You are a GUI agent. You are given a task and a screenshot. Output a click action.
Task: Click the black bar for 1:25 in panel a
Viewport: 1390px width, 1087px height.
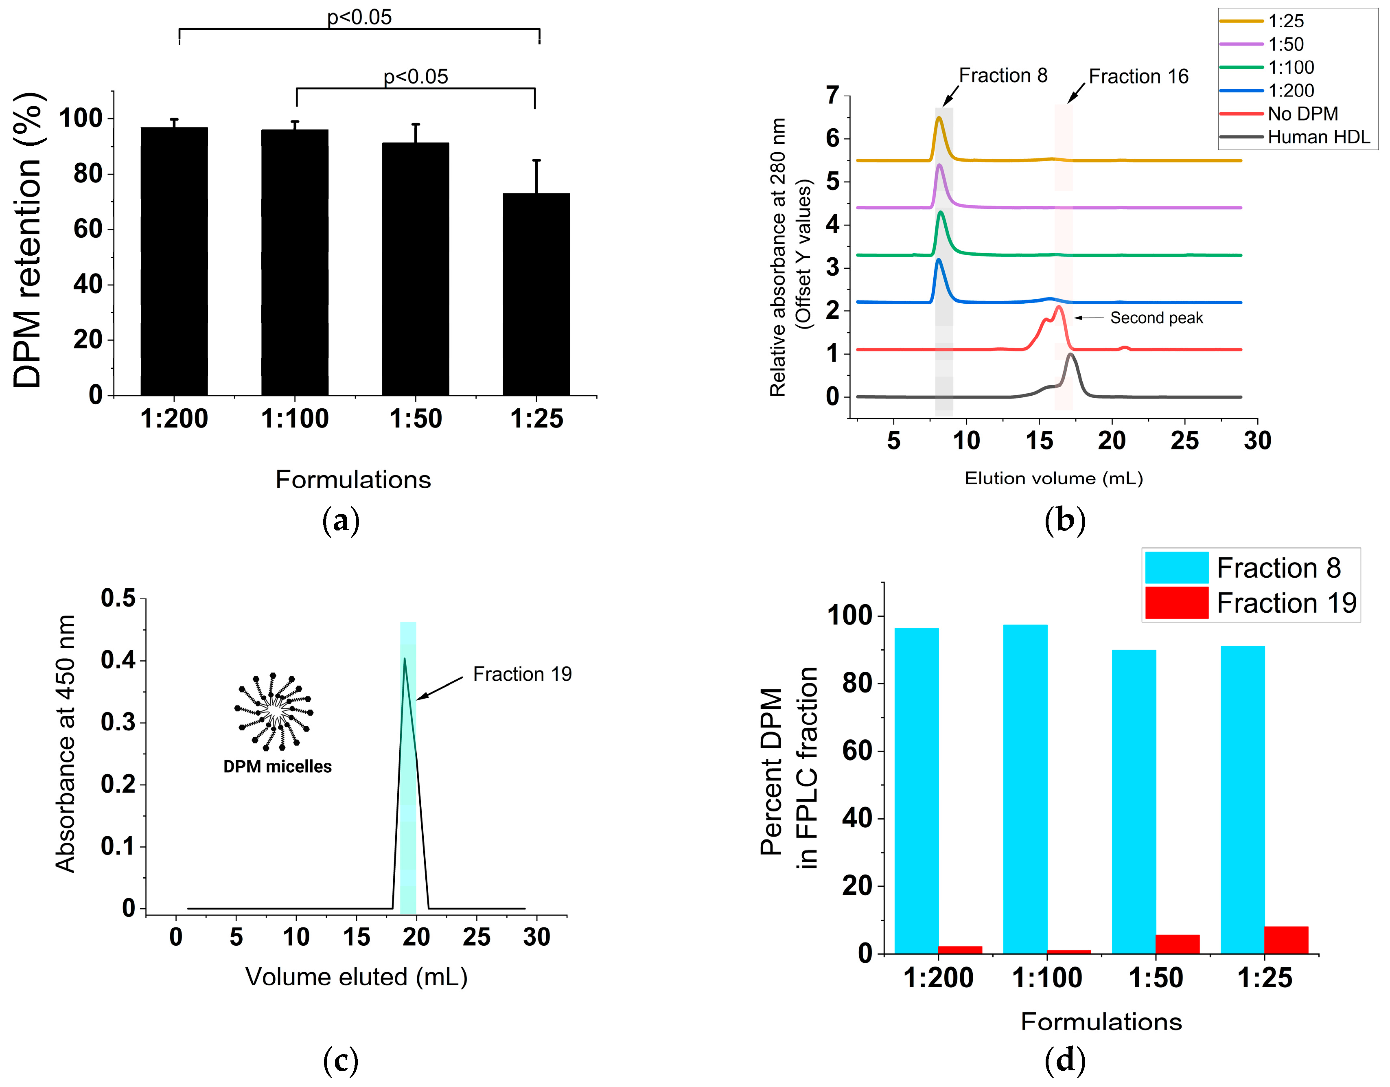tap(536, 294)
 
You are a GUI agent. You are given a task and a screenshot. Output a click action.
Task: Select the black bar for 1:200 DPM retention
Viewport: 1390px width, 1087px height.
tap(174, 261)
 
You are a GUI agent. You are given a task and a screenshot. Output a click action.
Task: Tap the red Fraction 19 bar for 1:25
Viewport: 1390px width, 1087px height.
tap(1286, 940)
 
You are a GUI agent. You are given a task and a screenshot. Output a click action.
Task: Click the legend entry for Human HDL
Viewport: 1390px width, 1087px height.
tap(1318, 137)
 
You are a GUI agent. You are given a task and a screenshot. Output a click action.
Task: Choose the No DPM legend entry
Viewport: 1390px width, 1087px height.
tap(1302, 114)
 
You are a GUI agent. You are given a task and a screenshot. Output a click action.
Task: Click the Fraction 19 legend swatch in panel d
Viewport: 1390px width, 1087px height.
tap(1176, 603)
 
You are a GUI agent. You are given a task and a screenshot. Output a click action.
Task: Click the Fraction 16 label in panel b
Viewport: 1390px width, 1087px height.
tap(1138, 77)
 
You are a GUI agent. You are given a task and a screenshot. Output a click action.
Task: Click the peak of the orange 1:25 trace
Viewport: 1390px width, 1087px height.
tap(938, 118)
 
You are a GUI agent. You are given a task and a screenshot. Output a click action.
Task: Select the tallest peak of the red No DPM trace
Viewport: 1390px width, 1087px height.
tap(1059, 307)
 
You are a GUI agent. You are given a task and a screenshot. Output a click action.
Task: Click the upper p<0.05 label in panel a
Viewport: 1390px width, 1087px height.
tap(359, 17)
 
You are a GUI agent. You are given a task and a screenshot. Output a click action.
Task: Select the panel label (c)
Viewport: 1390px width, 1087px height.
tap(341, 1060)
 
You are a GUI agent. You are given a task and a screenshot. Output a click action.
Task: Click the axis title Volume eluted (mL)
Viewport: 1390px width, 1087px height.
tap(357, 976)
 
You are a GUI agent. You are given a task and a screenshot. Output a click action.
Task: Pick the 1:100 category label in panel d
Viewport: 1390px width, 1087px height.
tap(1046, 977)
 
